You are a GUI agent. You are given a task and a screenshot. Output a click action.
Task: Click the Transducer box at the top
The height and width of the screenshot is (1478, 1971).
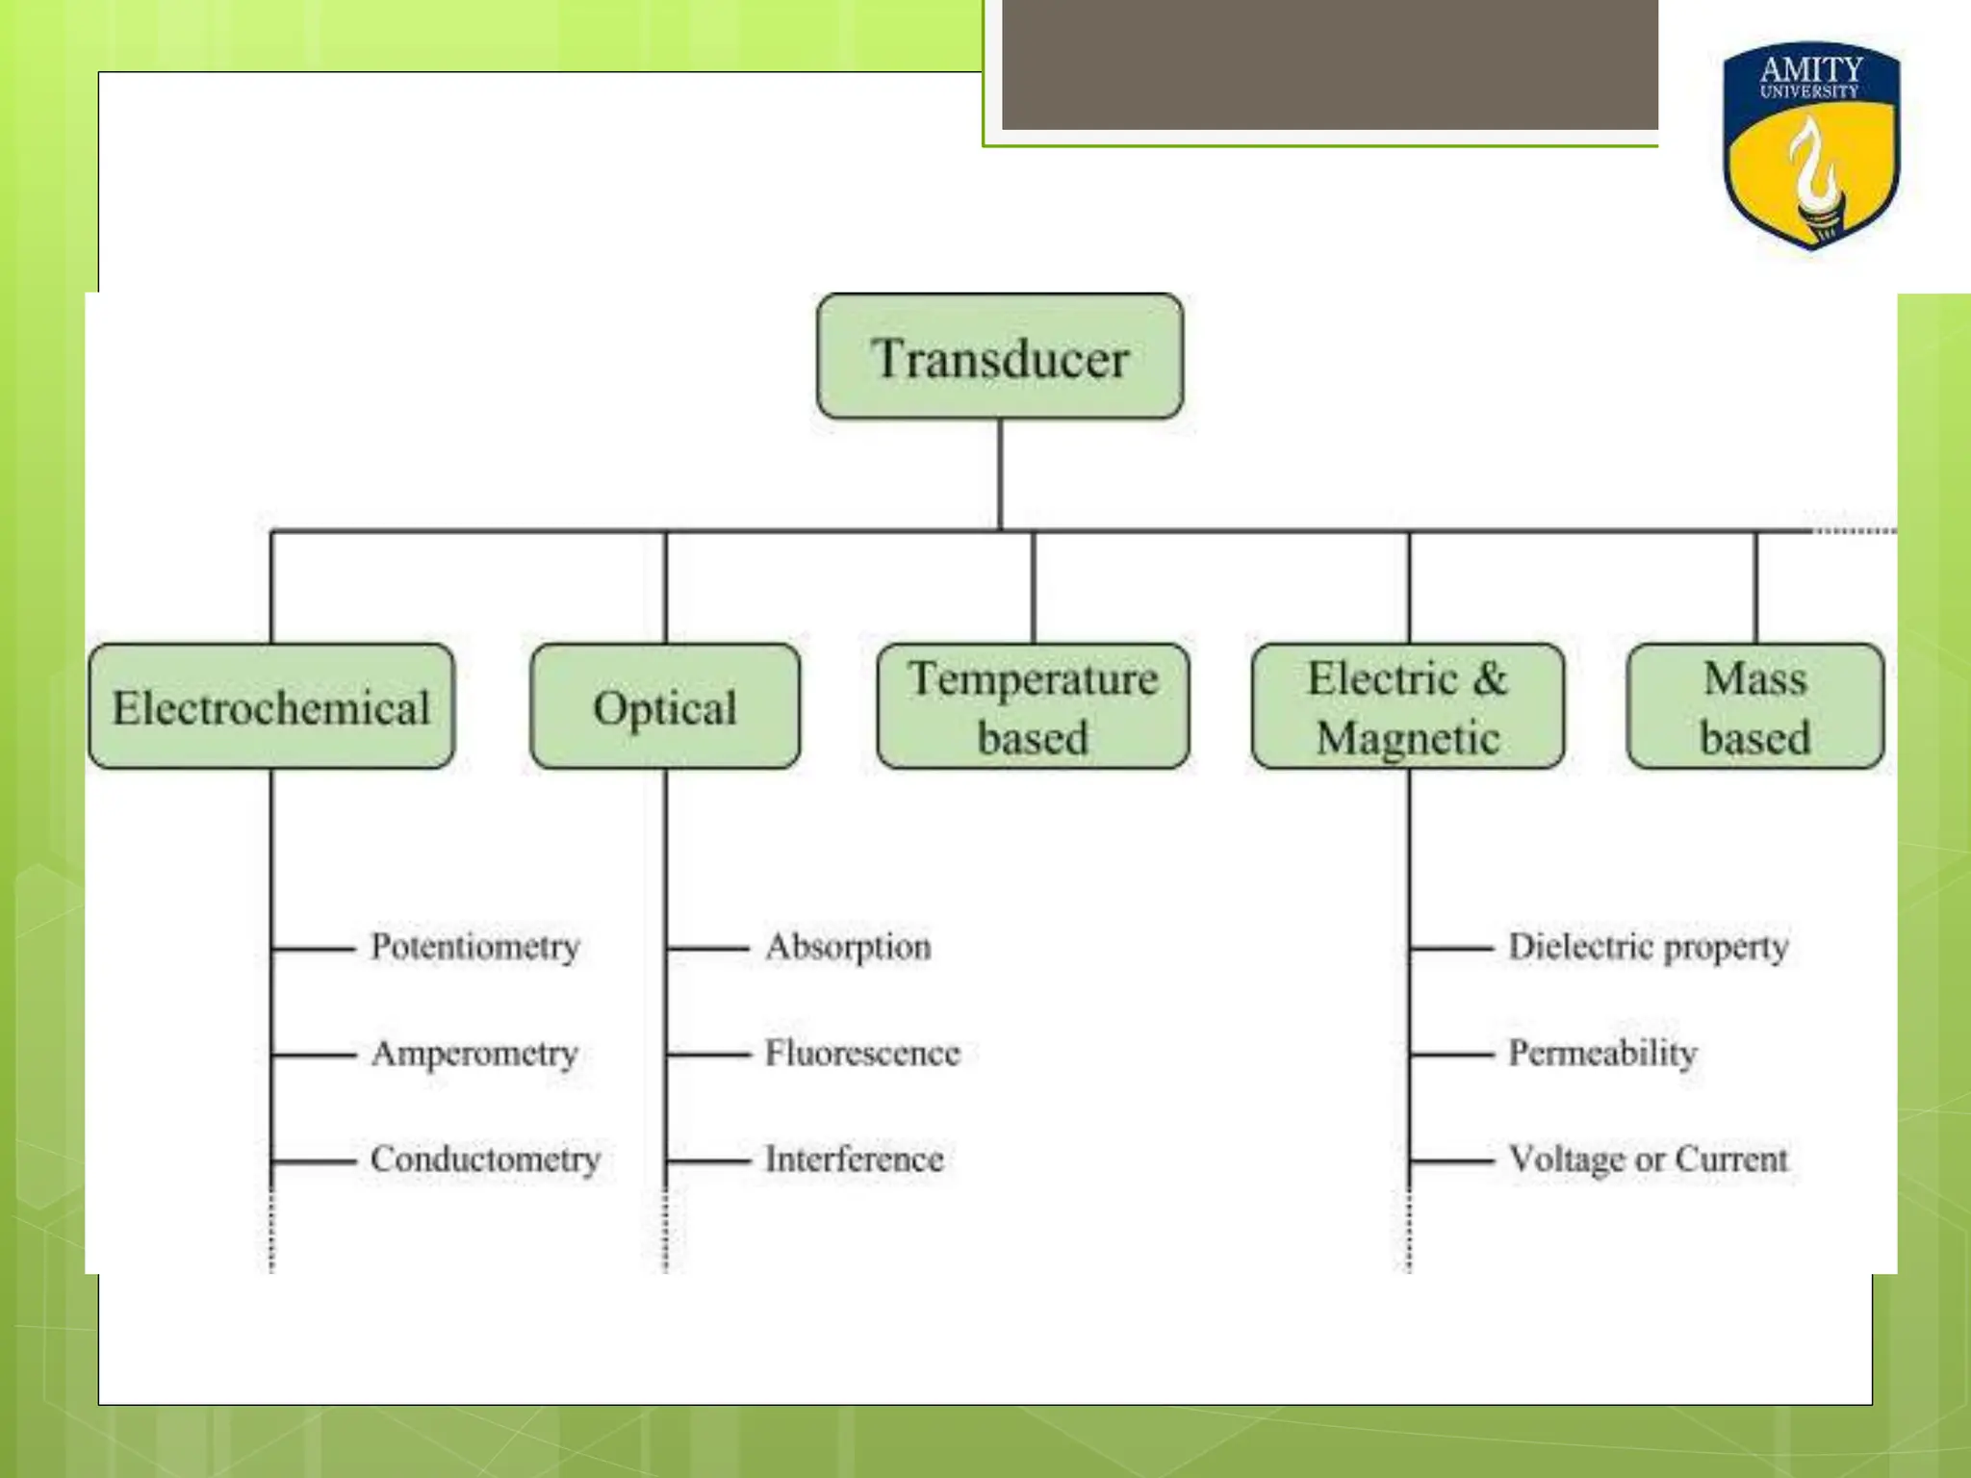click(1000, 357)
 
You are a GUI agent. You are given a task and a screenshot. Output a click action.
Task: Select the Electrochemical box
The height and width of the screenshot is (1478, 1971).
click(271, 707)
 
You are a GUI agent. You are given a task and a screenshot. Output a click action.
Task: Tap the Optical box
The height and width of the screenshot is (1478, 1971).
click(665, 707)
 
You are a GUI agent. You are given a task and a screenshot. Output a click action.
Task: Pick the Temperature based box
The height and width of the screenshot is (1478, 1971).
click(1033, 707)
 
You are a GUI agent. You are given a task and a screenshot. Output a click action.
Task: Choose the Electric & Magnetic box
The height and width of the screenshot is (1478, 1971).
click(1408, 707)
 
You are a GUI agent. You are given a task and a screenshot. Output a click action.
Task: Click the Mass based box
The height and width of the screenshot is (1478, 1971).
click(1755, 707)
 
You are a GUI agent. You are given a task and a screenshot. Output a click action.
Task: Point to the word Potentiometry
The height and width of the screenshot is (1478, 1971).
click(475, 947)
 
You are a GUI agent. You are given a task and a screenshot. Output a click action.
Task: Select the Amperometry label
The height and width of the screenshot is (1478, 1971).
click(474, 1054)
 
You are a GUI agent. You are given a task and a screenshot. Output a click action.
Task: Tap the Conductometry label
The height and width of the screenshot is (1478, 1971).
click(485, 1159)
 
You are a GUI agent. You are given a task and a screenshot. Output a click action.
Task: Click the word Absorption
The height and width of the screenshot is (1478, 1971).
click(848, 947)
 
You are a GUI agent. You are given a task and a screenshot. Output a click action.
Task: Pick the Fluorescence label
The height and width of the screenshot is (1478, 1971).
click(862, 1054)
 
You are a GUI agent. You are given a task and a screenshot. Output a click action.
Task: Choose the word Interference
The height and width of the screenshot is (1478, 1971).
click(854, 1159)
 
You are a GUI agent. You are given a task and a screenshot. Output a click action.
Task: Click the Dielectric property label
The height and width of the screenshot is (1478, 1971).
click(1648, 947)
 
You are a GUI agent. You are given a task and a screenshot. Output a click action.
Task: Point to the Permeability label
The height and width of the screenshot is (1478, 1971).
click(1602, 1054)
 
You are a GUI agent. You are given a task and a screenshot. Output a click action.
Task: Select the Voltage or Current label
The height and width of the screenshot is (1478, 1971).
click(1648, 1159)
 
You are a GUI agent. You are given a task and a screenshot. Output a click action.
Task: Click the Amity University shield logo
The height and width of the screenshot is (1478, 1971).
click(1811, 144)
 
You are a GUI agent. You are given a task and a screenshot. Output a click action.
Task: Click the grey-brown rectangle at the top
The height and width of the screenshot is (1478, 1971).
click(1329, 64)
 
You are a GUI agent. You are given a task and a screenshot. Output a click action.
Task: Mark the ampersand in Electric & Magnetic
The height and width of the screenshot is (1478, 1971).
click(1489, 678)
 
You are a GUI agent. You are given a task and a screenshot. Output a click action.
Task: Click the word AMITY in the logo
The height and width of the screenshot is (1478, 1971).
click(1811, 69)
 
